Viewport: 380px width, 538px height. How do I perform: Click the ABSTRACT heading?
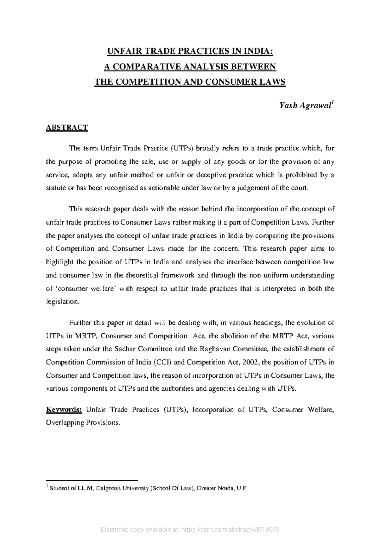click(x=67, y=128)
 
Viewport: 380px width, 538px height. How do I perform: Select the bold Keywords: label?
click(x=64, y=410)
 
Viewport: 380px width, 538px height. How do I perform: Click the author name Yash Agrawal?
click(x=305, y=106)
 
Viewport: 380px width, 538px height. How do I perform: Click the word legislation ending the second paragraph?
click(x=61, y=302)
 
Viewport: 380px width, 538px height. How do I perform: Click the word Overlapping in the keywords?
click(x=64, y=423)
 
